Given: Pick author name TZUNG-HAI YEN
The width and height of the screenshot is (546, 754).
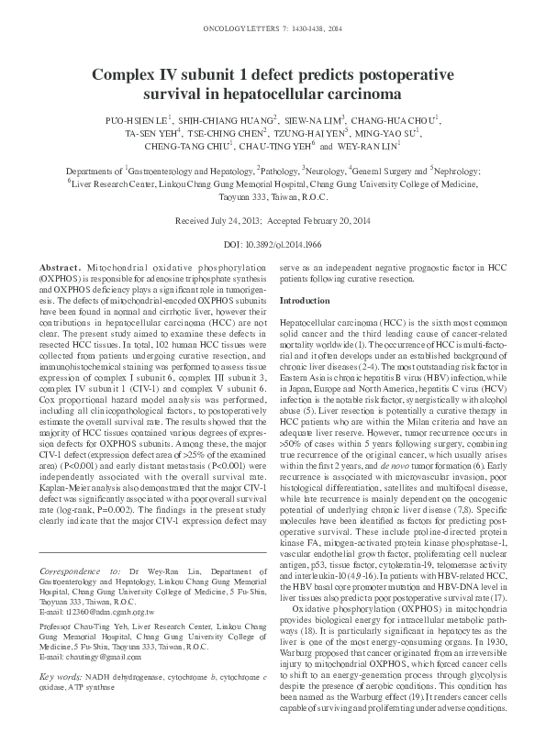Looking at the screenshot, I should click(329, 132).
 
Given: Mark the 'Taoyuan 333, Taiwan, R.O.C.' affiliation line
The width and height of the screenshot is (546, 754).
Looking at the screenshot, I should click(273, 196).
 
